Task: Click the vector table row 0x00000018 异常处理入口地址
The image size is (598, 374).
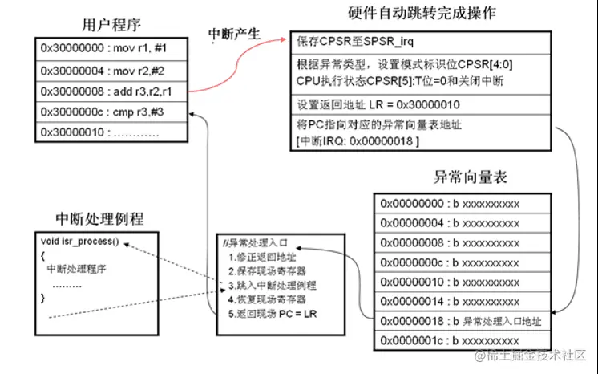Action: click(x=461, y=322)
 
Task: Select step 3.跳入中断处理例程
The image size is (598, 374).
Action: click(x=272, y=285)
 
